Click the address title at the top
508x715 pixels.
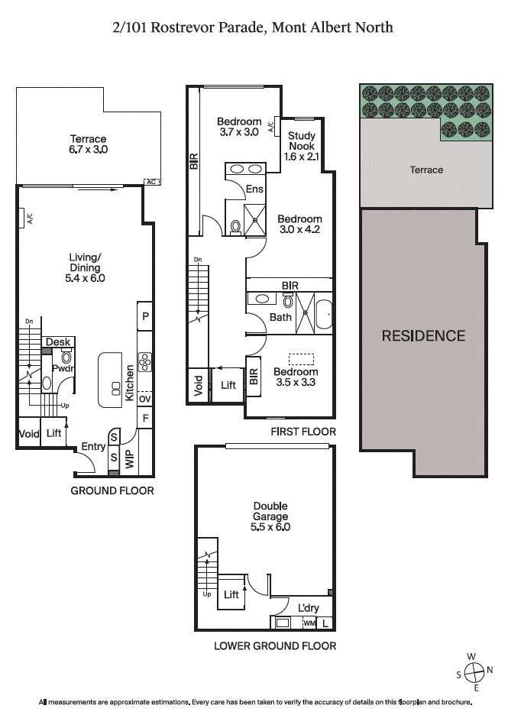pos(253,27)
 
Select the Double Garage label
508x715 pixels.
pos(270,516)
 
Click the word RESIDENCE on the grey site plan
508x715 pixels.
pos(423,335)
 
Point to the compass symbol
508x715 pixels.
pos(474,673)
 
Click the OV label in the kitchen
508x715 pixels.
pos(144,398)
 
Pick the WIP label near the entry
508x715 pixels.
pos(129,460)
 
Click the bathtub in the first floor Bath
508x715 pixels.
pos(324,315)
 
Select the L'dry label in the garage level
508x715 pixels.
pos(309,608)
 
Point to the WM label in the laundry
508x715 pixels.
pos(309,623)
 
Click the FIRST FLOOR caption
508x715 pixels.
pos(303,432)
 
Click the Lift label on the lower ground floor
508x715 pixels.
pos(231,594)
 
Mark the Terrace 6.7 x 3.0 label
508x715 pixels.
pos(88,144)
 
